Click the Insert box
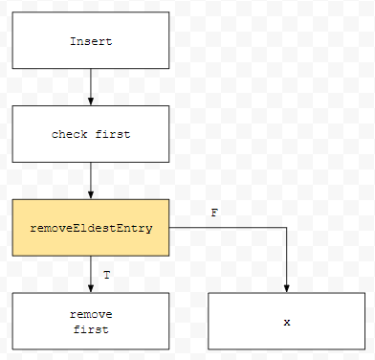[91, 40]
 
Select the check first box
[91, 134]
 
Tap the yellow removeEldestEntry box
[91, 228]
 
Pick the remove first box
[91, 321]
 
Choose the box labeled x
[286, 321]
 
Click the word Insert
[91, 41]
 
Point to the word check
[70, 134]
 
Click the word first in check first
[113, 134]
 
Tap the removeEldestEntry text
[91, 228]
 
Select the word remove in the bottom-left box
[91, 314]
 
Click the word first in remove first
[91, 329]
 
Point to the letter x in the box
[287, 323]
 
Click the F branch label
[214, 213]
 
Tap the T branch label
[107, 275]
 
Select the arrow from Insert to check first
[91, 87]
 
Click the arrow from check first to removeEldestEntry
[91, 181]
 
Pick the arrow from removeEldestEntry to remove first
[91, 275]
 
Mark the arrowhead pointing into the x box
[286, 288]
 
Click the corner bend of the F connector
[286, 228]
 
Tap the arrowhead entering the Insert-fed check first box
[91, 101]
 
